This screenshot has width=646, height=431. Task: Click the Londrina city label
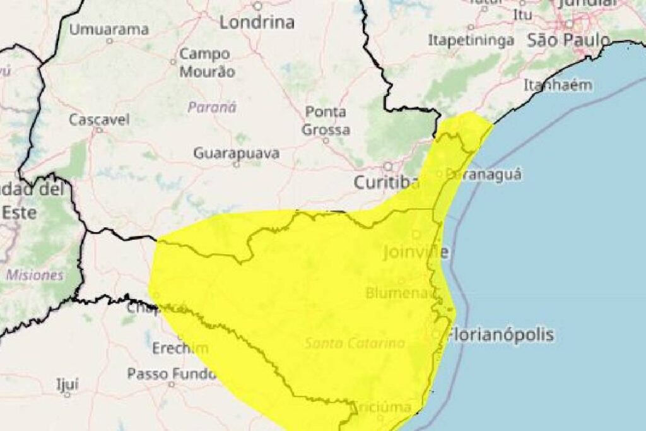pyautogui.click(x=257, y=23)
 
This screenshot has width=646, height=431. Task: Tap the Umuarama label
pyautogui.click(x=109, y=29)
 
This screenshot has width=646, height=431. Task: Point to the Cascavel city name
pyautogui.click(x=99, y=119)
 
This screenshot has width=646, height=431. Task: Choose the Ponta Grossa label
pyautogui.click(x=326, y=121)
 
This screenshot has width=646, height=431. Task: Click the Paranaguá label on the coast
pyautogui.click(x=484, y=174)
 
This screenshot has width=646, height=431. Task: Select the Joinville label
pyautogui.click(x=416, y=253)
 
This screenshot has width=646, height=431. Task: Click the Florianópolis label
pyautogui.click(x=500, y=334)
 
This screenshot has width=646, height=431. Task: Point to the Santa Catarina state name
pyautogui.click(x=355, y=344)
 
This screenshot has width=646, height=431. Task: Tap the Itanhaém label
pyautogui.click(x=558, y=85)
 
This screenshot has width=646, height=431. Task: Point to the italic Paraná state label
pyautogui.click(x=212, y=107)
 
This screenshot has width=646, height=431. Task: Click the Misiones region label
pyautogui.click(x=35, y=275)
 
